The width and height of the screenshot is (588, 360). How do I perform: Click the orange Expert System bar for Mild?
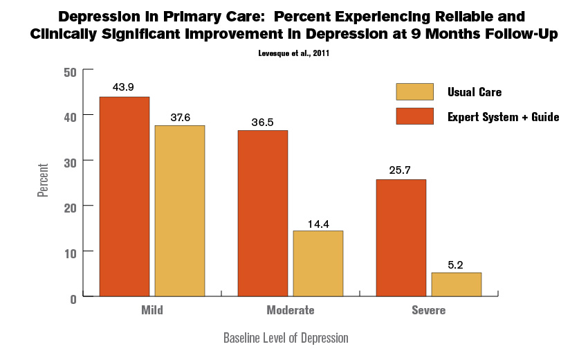(125, 197)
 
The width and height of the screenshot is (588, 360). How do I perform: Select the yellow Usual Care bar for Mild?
(180, 211)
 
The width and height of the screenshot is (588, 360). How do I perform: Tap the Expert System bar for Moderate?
(263, 213)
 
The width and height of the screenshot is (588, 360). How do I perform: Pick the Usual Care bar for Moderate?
(318, 264)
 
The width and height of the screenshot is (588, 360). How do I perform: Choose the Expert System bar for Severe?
(401, 238)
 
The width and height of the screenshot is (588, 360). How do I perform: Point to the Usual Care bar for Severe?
(457, 285)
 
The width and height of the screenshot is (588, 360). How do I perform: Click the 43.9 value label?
(123, 87)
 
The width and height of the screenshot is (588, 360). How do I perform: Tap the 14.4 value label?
(318, 224)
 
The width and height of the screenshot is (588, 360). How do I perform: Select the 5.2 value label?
(455, 265)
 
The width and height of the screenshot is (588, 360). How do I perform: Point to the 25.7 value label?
(400, 170)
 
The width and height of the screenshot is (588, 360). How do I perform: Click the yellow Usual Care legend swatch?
(415, 91)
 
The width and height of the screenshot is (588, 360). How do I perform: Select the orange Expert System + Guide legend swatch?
(415, 116)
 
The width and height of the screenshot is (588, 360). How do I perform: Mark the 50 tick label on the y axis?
(70, 73)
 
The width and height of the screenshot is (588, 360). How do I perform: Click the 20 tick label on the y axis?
(70, 208)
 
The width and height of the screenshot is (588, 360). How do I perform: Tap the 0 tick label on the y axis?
(73, 299)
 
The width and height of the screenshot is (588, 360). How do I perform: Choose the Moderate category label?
(291, 310)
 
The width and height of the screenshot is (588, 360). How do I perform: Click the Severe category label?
(429, 310)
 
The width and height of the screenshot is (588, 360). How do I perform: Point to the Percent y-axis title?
(43, 180)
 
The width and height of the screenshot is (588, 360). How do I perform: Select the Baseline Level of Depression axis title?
(286, 338)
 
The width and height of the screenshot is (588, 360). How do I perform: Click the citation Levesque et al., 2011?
(293, 53)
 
